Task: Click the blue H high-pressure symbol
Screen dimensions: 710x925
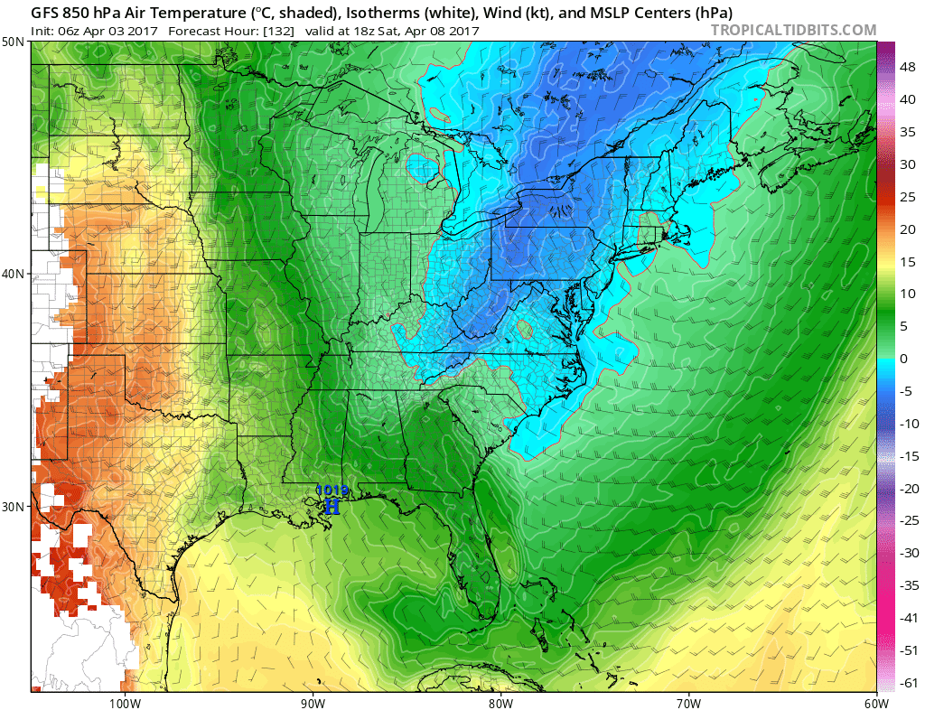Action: [x=332, y=507]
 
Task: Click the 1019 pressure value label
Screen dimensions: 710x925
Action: [x=332, y=491]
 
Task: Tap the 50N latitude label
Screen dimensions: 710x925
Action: [x=14, y=42]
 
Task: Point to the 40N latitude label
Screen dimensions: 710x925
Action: [x=14, y=274]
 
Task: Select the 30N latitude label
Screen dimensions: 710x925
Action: [x=14, y=506]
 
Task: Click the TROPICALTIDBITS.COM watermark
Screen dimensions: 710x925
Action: [x=793, y=30]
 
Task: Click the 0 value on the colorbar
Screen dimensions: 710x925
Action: [x=902, y=359]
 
